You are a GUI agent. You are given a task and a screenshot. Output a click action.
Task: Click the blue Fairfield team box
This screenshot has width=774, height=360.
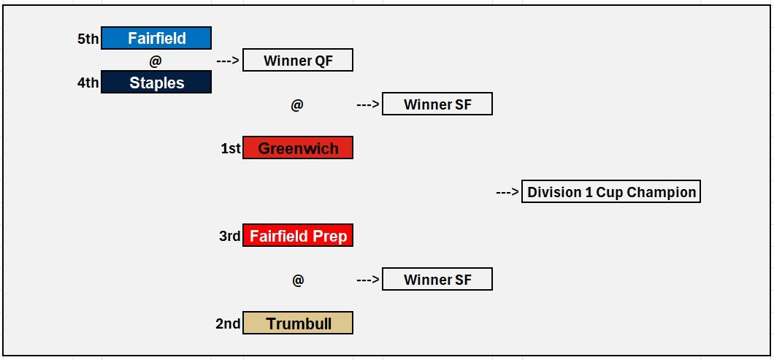(x=156, y=38)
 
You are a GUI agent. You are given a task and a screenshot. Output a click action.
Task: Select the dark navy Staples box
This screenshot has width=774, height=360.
(x=156, y=82)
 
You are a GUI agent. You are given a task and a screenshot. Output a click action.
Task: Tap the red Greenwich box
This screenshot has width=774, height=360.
(x=298, y=148)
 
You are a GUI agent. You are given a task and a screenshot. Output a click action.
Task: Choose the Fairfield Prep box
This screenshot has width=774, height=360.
(x=298, y=236)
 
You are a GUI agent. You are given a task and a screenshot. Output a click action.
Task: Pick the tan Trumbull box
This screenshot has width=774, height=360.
(x=298, y=323)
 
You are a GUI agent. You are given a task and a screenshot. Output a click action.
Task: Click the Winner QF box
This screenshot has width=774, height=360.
(x=298, y=61)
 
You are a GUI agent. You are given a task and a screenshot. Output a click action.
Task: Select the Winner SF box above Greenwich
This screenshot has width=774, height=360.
(x=437, y=104)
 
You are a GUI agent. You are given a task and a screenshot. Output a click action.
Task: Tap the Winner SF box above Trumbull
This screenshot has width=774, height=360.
(x=437, y=279)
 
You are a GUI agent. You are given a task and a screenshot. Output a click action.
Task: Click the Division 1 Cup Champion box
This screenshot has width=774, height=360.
(x=611, y=191)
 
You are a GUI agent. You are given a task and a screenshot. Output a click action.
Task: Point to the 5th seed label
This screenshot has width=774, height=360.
(x=88, y=39)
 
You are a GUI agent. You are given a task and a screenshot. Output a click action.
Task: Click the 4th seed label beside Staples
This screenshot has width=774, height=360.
(x=88, y=83)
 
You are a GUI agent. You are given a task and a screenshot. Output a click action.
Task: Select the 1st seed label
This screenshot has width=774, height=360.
(x=231, y=148)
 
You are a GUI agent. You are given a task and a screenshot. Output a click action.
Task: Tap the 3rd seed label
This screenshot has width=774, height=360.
(x=229, y=236)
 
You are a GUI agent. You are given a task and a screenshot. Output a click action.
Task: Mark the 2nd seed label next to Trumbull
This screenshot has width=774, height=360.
(x=228, y=323)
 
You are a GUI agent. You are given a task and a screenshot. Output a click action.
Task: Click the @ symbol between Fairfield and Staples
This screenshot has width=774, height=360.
(x=156, y=61)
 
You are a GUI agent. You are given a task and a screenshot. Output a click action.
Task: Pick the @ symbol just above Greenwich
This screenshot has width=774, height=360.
(x=296, y=104)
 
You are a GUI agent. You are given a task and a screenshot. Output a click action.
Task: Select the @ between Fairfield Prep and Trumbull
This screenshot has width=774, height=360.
(x=298, y=280)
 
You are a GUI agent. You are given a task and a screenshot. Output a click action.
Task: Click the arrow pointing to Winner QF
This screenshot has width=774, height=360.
(x=228, y=61)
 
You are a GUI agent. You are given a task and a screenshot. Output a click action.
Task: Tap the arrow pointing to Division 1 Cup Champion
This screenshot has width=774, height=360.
(x=507, y=191)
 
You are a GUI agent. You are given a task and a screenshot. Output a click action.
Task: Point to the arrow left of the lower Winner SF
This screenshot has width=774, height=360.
(x=368, y=280)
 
